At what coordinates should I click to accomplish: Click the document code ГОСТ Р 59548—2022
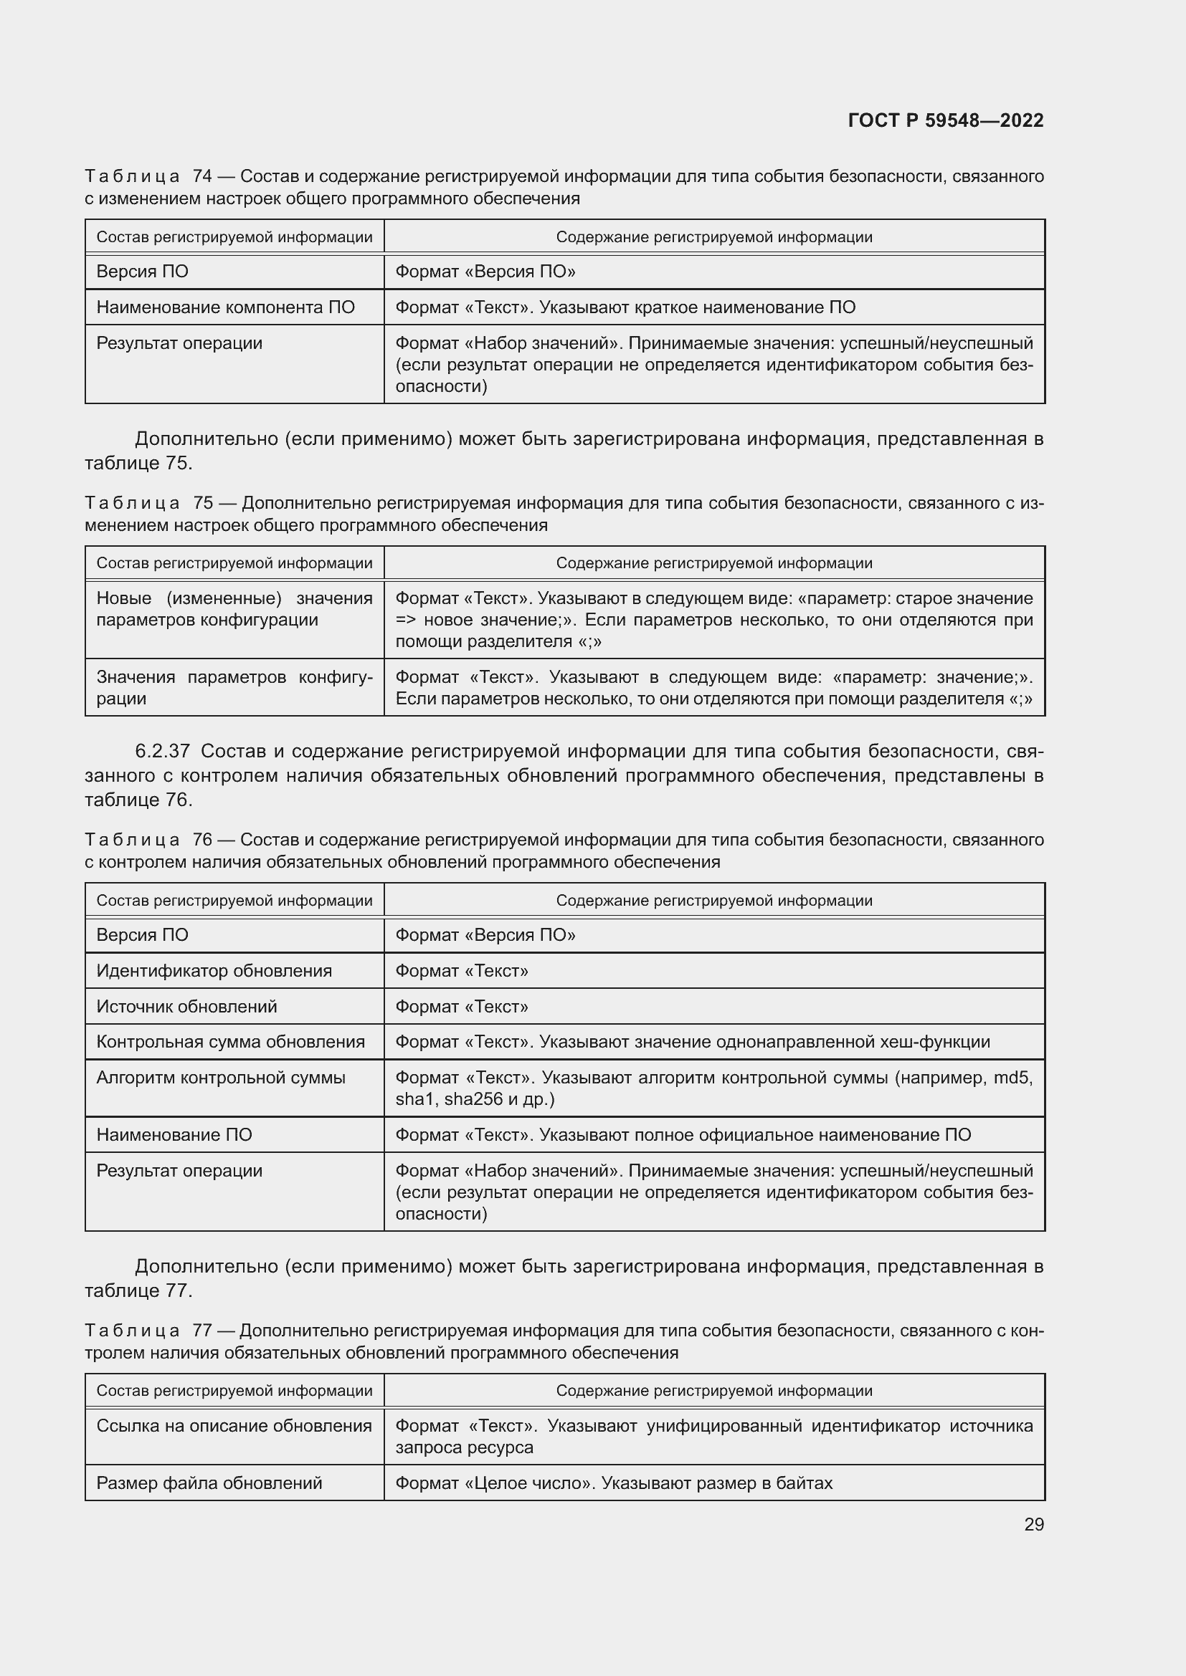coord(945,120)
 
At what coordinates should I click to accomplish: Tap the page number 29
coord(1033,1524)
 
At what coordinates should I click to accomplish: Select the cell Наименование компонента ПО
coord(225,307)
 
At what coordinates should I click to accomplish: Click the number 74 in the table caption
coord(202,176)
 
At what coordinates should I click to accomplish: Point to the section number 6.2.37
coord(162,751)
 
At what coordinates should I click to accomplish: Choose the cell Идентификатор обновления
coord(214,971)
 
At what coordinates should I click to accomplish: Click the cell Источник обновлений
coord(187,1007)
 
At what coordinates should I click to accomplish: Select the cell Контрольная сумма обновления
coord(230,1042)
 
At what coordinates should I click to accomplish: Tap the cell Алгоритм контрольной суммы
coord(221,1078)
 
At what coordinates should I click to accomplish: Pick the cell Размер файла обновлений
coord(209,1483)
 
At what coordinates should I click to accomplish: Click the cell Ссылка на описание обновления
coord(234,1426)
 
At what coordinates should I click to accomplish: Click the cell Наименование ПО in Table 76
coord(174,1135)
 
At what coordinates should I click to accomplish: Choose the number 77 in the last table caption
coord(201,1331)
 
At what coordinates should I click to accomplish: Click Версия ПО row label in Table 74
coord(143,272)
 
